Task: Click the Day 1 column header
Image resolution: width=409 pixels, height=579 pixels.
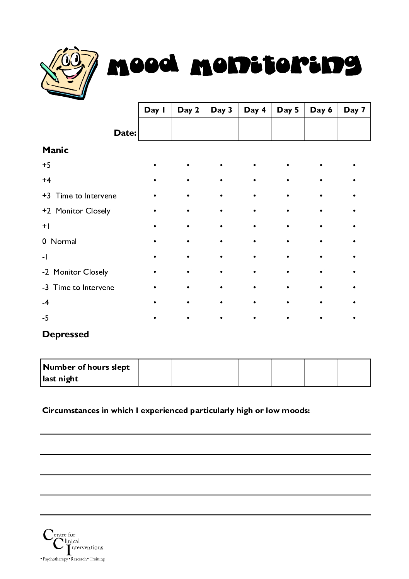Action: (x=155, y=110)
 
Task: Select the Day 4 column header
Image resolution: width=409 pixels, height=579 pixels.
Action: (x=255, y=110)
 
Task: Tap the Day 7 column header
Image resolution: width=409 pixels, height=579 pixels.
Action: (x=354, y=110)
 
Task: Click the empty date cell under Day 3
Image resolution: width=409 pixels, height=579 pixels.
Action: (x=222, y=129)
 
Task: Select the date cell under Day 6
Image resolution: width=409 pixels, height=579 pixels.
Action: (x=321, y=129)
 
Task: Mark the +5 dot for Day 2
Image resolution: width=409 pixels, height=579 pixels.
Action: (x=188, y=165)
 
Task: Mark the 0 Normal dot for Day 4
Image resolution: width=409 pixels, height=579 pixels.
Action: (x=255, y=241)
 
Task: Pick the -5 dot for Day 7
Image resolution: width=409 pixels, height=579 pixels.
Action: (x=354, y=318)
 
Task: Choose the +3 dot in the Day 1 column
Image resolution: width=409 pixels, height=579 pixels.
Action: (x=155, y=196)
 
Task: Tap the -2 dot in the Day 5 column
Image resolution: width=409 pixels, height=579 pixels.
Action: (x=288, y=272)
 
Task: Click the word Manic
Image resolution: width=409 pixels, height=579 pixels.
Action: (x=55, y=150)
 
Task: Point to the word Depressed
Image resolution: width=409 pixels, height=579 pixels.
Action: (x=65, y=334)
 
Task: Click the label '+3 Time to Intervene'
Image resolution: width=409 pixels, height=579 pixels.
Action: (x=79, y=196)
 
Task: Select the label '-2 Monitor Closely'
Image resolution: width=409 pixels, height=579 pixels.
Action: (x=75, y=272)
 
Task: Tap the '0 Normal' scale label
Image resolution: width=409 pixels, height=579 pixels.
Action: (x=60, y=241)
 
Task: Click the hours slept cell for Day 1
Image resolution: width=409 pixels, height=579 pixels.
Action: (x=155, y=373)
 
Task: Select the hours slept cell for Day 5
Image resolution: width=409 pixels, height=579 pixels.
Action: (x=288, y=373)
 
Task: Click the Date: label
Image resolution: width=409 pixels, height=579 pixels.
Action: (x=125, y=133)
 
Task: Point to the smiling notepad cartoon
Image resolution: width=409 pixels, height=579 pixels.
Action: (x=69, y=72)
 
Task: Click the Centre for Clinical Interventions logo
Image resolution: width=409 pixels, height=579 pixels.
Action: (x=73, y=545)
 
